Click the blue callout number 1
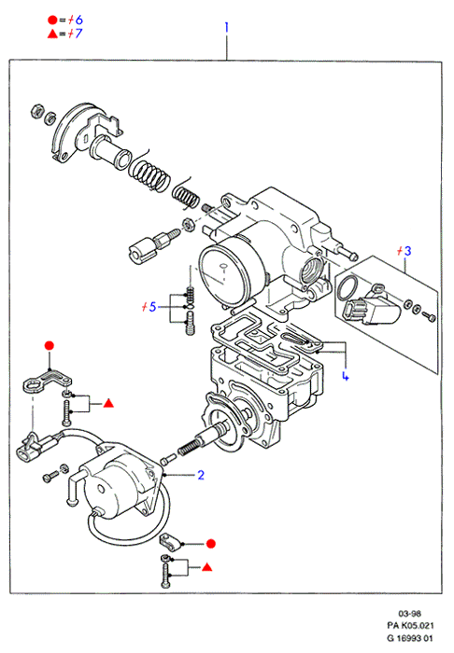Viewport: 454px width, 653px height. [x=226, y=27]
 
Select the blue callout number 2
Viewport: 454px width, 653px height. [x=201, y=475]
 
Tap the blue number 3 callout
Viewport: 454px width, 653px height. [x=407, y=251]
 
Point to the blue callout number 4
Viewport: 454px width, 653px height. [x=346, y=376]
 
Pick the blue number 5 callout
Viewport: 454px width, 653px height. [x=152, y=307]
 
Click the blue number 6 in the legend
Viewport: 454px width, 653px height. [x=78, y=20]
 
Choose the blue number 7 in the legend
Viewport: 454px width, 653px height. [x=78, y=34]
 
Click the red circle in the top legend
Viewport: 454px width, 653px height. [x=52, y=20]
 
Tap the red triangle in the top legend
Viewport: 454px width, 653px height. [x=52, y=34]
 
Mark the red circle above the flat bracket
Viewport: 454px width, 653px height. [x=50, y=345]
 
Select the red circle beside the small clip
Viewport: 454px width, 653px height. [x=211, y=544]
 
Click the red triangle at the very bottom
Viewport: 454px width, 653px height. [x=207, y=567]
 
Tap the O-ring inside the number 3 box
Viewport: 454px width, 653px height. [x=348, y=288]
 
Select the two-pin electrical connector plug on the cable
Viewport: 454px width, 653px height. [x=26, y=452]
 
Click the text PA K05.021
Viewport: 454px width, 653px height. [x=411, y=625]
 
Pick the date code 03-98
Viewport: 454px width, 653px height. [x=410, y=613]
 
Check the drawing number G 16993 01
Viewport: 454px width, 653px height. [x=410, y=637]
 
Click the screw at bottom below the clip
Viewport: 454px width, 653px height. [x=166, y=576]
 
